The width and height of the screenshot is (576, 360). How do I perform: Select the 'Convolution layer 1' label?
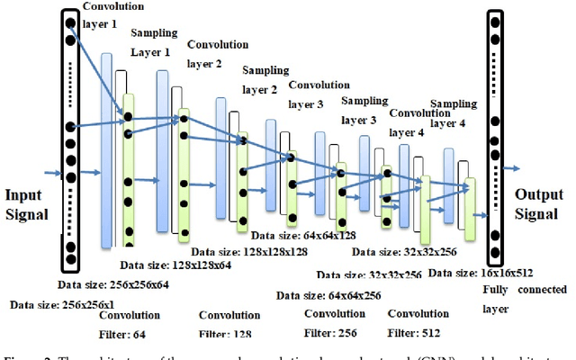tap(112, 14)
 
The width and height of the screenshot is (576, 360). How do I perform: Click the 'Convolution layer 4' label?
tap(418, 122)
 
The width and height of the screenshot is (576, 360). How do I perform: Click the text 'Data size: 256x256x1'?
tap(53, 305)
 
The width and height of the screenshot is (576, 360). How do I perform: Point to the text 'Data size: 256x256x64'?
tap(102, 284)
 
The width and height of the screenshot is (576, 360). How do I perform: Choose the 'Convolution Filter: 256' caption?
tap(334, 323)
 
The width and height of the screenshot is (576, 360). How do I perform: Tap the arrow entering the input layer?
tap(52, 171)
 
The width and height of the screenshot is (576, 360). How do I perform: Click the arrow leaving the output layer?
tap(512, 168)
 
